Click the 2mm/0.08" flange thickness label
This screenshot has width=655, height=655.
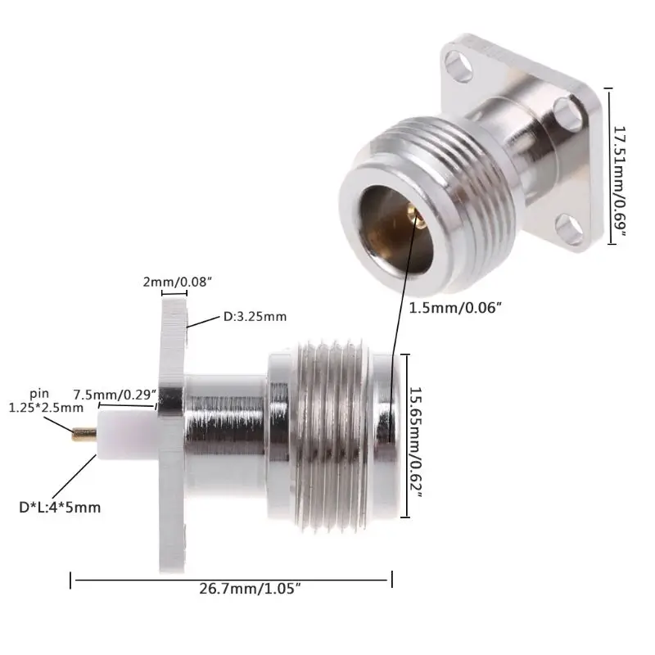(176, 282)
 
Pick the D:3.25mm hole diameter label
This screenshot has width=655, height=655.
(255, 316)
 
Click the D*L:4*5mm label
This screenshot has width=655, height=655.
(60, 507)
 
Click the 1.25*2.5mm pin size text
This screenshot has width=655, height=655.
(46, 407)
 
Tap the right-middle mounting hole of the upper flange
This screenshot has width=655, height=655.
(565, 106)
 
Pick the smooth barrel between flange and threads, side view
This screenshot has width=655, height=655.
(226, 427)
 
